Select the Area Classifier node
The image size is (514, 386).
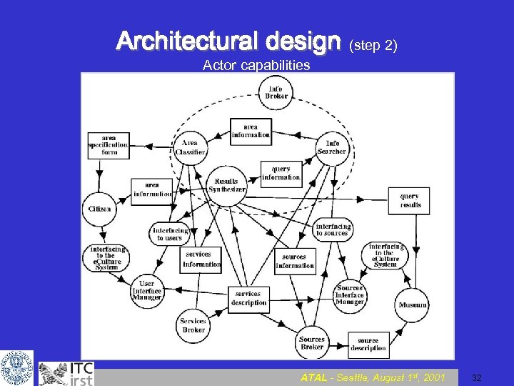pyautogui.click(x=190, y=147)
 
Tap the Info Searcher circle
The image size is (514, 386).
pyautogui.click(x=332, y=147)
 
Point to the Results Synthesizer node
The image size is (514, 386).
pyautogui.click(x=227, y=186)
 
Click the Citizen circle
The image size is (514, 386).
pyautogui.click(x=100, y=209)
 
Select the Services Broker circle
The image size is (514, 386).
pyautogui.click(x=193, y=326)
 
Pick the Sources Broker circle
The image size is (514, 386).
pyautogui.click(x=312, y=343)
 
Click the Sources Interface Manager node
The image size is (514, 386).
pyautogui.click(x=350, y=295)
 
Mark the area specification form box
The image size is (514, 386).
pyautogui.click(x=109, y=145)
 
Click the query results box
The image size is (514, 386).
pyautogui.click(x=410, y=201)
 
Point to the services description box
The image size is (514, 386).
pyautogui.click(x=248, y=298)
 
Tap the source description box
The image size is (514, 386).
pyautogui.click(x=368, y=345)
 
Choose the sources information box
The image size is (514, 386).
pyautogui.click(x=294, y=261)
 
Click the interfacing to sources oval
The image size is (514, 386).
pyautogui.click(x=333, y=230)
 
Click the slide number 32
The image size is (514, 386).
pyautogui.click(x=478, y=377)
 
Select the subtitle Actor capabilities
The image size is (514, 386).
pyautogui.click(x=256, y=66)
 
